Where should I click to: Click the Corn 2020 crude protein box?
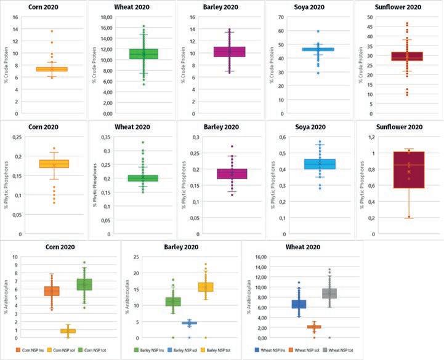pyautogui.click(x=51, y=69)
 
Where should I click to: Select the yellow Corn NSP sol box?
pyautogui.click(x=68, y=331)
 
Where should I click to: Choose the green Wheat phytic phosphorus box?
pyautogui.click(x=143, y=178)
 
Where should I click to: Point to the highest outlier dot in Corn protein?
pyautogui.click(x=52, y=31)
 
